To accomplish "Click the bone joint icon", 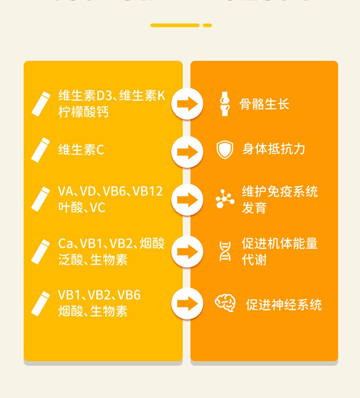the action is point(225,104).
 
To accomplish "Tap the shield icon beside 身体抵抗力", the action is point(225,150).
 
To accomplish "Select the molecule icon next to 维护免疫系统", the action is point(225,199).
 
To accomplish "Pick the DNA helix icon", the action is point(225,251).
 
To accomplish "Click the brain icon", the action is point(225,303).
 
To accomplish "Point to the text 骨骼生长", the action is point(264,104).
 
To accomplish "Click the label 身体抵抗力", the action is point(273,149).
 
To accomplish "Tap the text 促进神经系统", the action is point(284,304).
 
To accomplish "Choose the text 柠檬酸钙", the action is point(83,112).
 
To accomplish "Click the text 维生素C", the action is point(81,149).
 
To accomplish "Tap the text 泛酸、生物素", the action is point(93,260).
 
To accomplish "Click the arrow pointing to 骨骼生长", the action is point(187,104).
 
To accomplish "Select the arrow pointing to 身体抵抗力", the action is point(187,152).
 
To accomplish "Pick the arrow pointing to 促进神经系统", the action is point(187,304).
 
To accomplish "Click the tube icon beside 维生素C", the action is point(41,150).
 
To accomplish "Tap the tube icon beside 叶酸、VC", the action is point(41,199).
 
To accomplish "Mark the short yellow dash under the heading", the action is point(207,26).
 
